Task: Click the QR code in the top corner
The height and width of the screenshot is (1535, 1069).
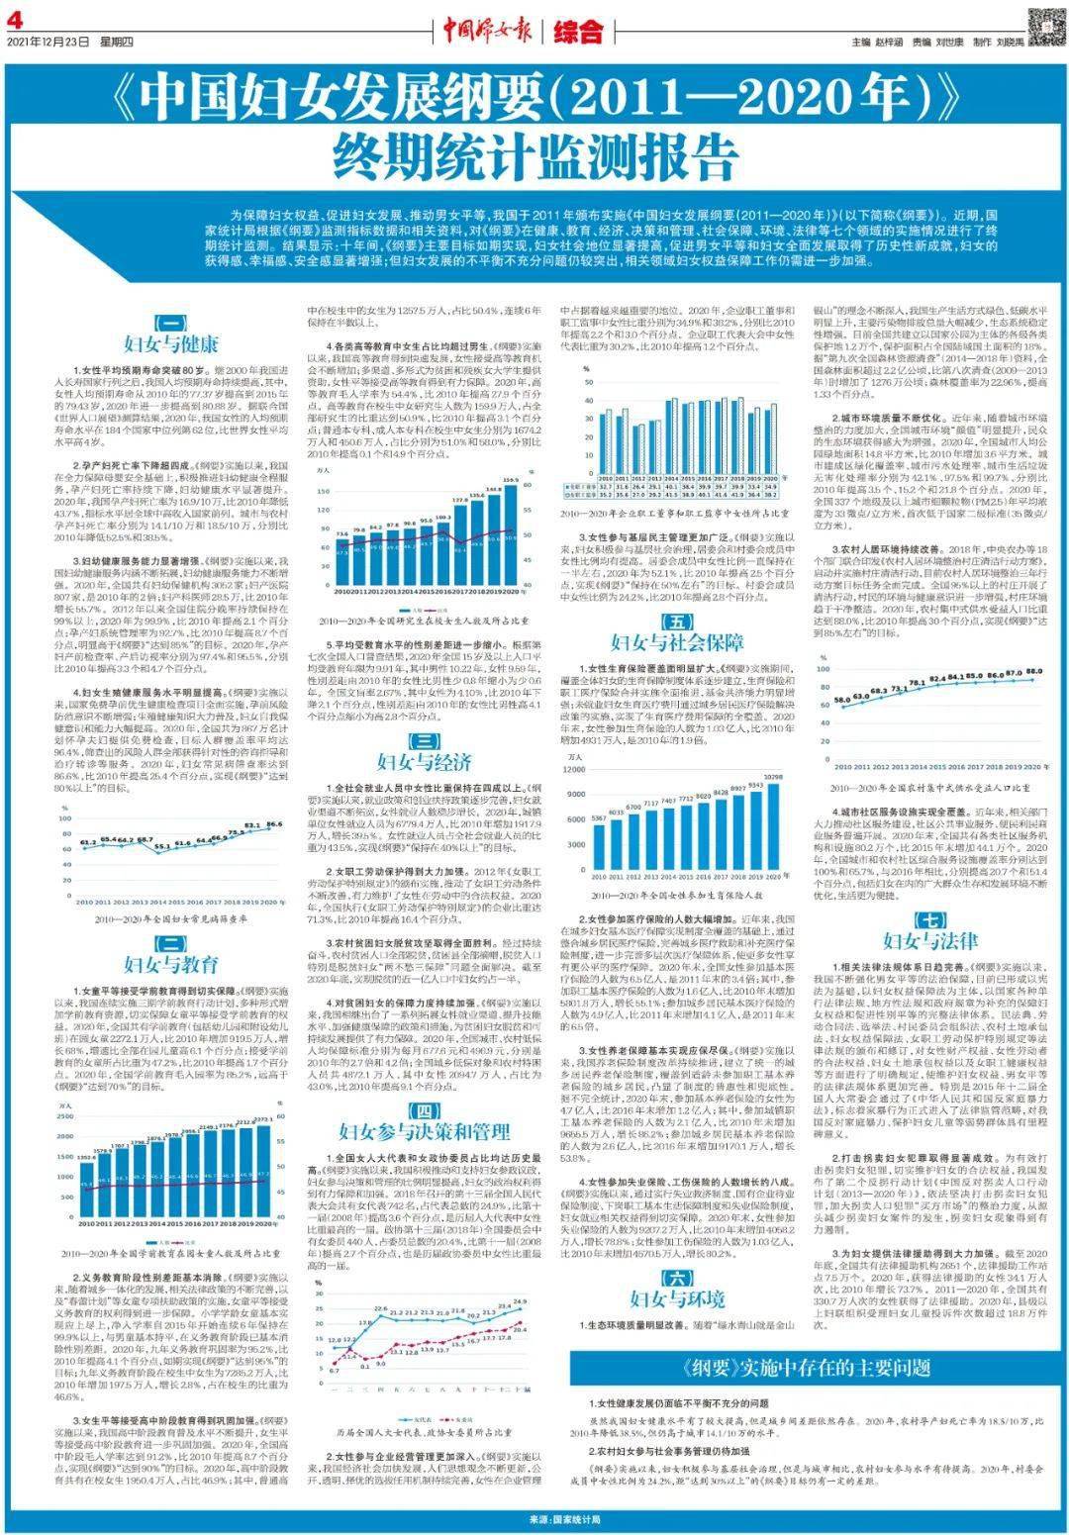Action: tap(1043, 21)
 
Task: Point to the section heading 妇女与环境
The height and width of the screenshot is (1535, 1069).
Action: tap(677, 1298)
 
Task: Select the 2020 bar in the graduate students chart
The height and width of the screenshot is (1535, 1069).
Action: tap(511, 539)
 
